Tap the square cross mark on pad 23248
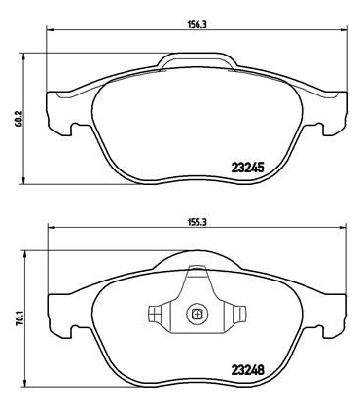(x=197, y=314)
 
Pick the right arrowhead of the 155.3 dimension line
(x=341, y=231)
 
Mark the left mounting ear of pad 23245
(x=58, y=113)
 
